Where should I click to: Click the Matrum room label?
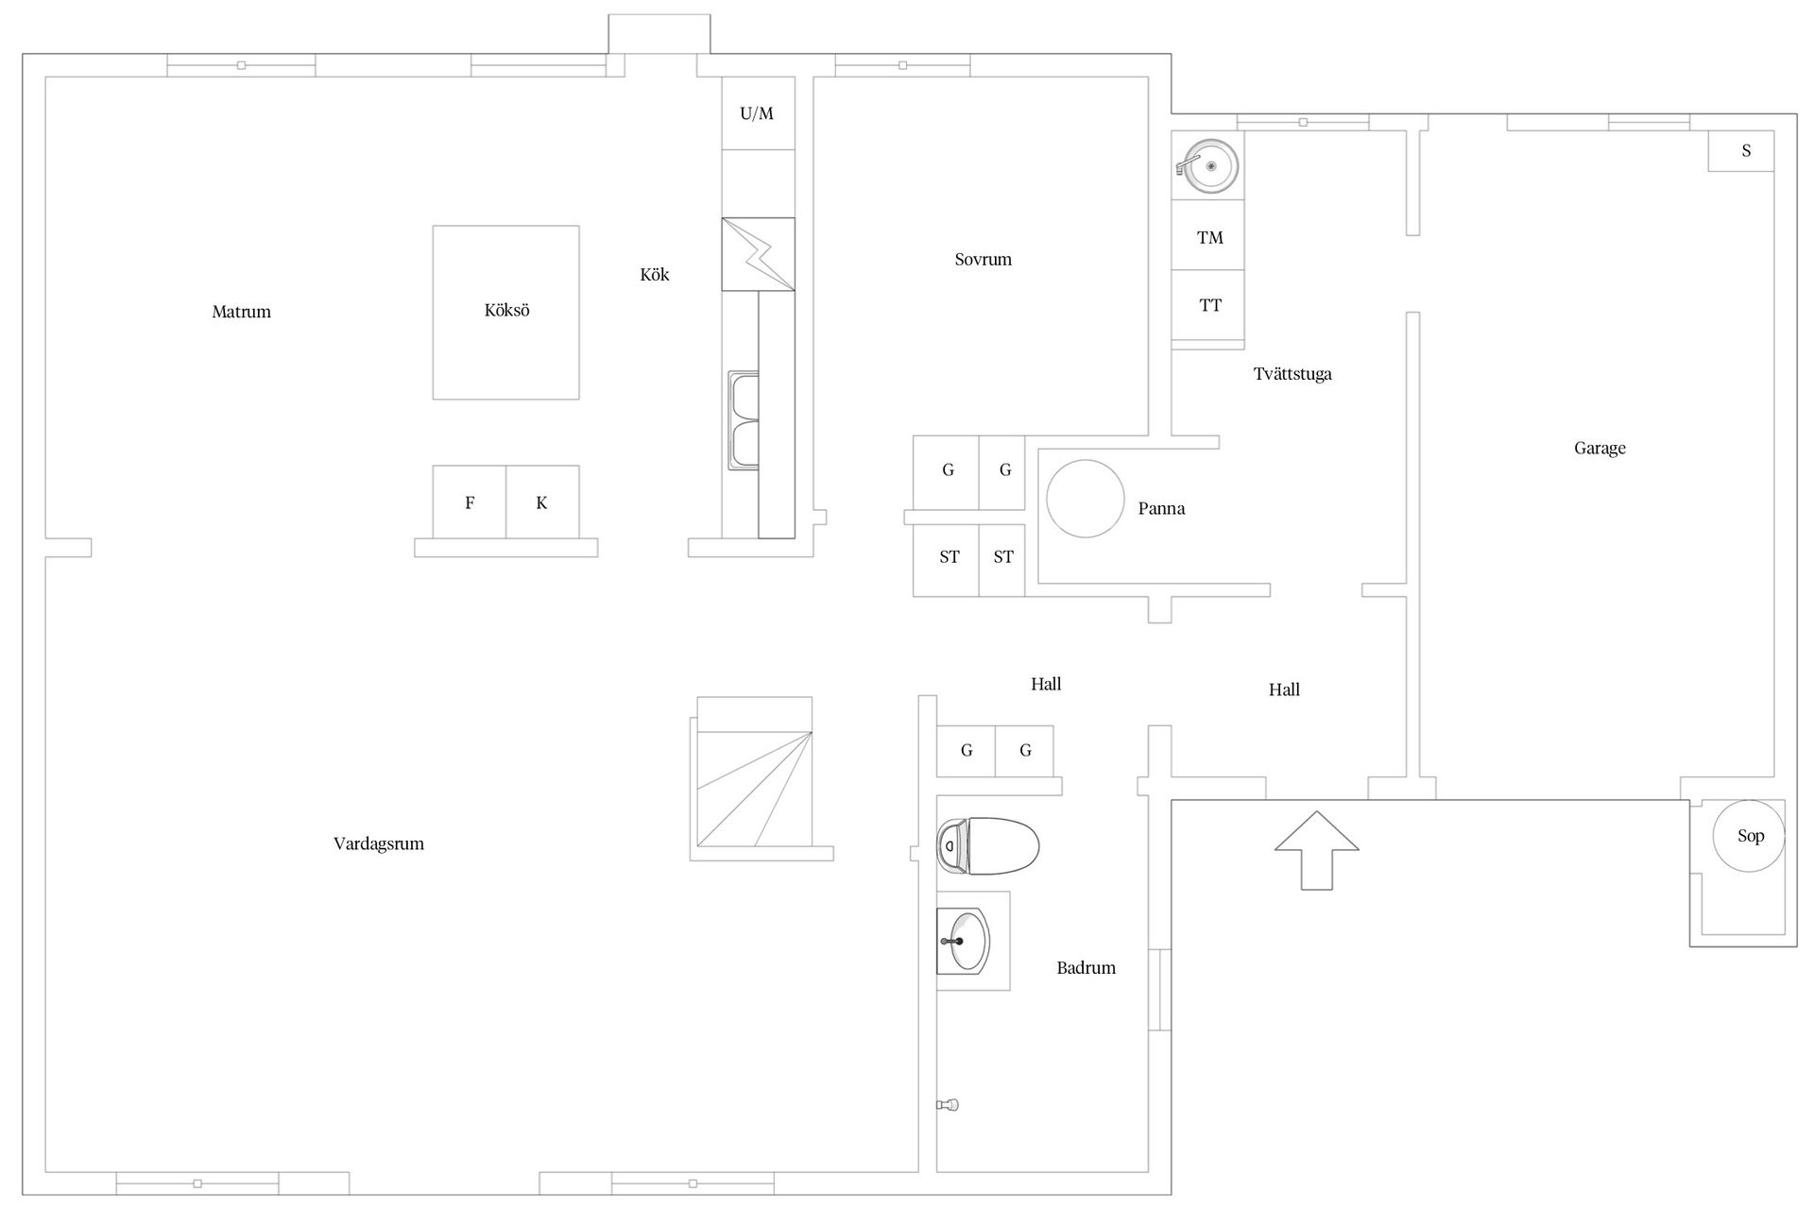coord(241,312)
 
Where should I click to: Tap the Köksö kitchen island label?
coord(506,310)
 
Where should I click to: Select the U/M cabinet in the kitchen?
coord(758,113)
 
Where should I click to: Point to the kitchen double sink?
coord(744,420)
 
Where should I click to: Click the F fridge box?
coord(470,502)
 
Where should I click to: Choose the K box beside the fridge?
coord(542,502)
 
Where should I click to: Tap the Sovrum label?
coord(983,260)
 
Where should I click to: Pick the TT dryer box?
coord(1208,305)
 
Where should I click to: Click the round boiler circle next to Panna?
coord(1085,499)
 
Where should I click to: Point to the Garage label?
coord(1600,449)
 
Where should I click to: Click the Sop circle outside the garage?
coord(1750,836)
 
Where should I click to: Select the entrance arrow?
coord(1317,849)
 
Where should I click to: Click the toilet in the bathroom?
coord(987,845)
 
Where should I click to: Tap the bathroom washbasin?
coord(963,941)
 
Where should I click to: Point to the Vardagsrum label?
coord(379,844)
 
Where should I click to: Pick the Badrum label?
coord(1087,968)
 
